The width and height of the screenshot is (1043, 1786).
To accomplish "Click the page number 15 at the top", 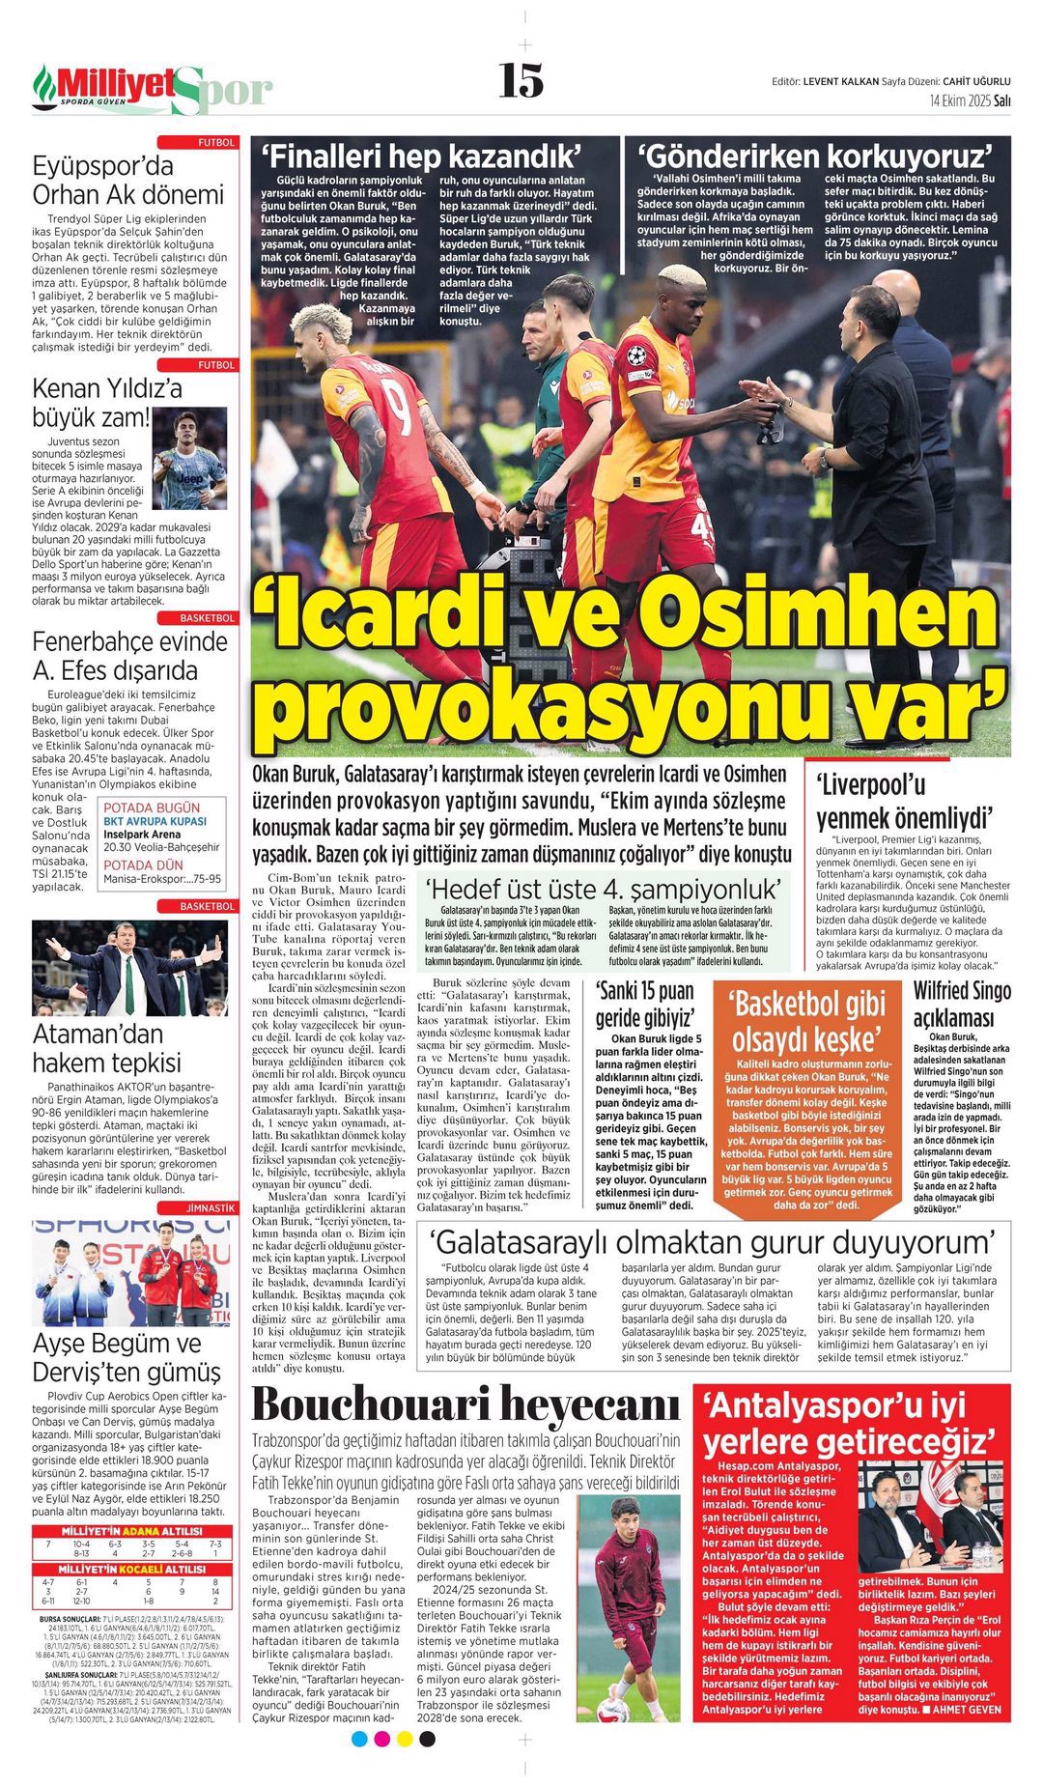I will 521,80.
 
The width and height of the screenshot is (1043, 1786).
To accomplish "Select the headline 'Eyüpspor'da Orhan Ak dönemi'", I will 127,180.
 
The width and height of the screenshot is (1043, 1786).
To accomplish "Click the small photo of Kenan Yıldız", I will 189,445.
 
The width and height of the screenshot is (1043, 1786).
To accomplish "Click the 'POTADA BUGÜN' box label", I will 152,808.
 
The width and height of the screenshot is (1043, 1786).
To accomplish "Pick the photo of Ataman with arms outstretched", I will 129,967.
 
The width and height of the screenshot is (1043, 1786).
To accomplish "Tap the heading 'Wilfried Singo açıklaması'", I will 962,1004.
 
